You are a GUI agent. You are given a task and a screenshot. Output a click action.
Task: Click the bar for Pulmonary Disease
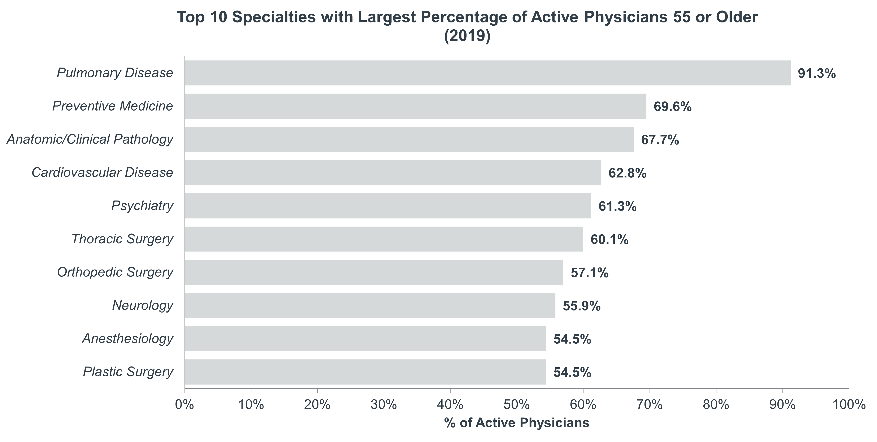click(x=488, y=73)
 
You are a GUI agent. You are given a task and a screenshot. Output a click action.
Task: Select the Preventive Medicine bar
click(x=416, y=106)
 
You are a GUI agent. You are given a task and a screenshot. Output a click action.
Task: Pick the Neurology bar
click(x=371, y=305)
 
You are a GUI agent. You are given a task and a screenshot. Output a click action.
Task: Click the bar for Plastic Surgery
click(x=366, y=372)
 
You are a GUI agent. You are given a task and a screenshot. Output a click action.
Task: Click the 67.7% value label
click(x=660, y=140)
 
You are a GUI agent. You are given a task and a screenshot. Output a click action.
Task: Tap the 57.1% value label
click(x=589, y=273)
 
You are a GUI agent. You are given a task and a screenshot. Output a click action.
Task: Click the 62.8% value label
click(x=627, y=173)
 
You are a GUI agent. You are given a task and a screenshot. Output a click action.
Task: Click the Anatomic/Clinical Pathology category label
click(x=90, y=139)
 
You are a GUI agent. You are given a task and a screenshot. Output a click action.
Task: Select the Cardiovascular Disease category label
click(x=102, y=172)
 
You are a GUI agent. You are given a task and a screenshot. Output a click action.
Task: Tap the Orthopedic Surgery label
click(x=115, y=272)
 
